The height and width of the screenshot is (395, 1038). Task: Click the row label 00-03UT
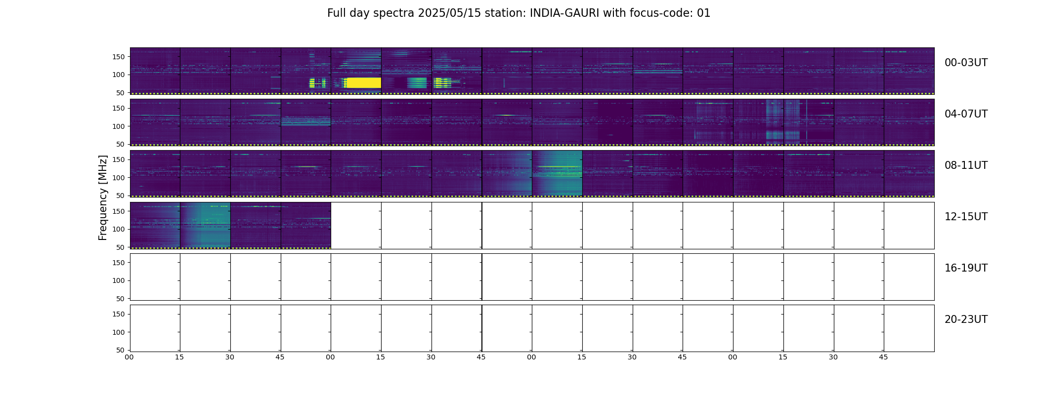[966, 63]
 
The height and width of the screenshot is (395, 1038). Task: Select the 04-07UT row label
[966, 114]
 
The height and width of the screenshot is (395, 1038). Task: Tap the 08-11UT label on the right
[966, 165]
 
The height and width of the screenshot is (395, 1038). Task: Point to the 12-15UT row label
[966, 217]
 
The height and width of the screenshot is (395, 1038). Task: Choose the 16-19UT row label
[966, 268]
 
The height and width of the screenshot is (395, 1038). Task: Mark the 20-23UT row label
[966, 319]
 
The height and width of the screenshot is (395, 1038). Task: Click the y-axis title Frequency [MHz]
[103, 197]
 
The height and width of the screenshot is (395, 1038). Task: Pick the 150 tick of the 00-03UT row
[119, 57]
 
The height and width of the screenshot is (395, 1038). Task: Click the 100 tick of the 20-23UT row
[119, 332]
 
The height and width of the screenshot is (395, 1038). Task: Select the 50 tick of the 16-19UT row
[121, 299]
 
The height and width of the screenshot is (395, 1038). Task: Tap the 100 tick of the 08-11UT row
[119, 178]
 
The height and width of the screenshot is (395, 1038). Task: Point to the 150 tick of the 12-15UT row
[119, 211]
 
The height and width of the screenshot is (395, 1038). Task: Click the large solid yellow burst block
[363, 82]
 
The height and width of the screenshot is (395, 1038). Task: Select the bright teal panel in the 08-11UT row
[557, 173]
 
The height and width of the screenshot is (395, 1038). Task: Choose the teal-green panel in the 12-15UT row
[205, 225]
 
